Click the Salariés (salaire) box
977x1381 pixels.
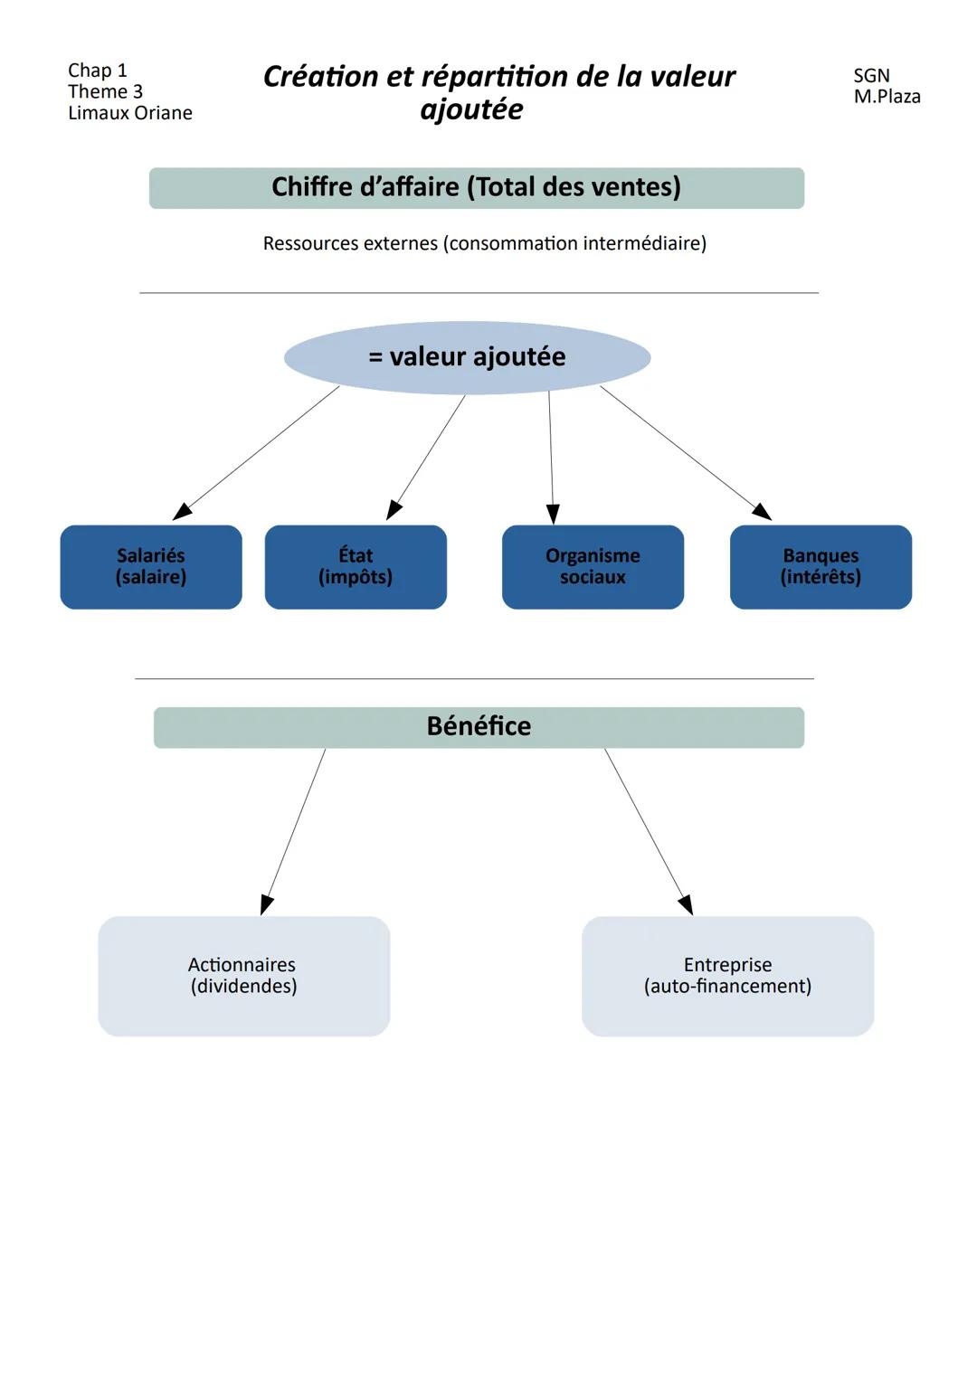coord(151,566)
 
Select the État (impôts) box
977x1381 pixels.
coord(356,566)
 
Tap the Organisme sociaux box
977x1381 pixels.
coord(593,566)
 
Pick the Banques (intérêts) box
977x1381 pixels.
coord(820,566)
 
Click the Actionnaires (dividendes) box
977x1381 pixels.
coord(243,976)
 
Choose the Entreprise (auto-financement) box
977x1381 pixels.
coord(727,976)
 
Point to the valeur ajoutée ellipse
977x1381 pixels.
coord(467,357)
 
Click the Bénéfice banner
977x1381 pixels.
coord(479,727)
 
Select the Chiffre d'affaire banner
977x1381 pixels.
coord(476,187)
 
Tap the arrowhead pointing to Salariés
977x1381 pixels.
coord(182,511)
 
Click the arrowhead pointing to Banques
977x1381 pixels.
coord(763,512)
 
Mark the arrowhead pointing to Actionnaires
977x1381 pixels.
coord(266,904)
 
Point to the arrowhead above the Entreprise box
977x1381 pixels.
coord(687,904)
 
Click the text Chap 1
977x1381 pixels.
coord(98,71)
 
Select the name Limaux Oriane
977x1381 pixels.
coord(130,113)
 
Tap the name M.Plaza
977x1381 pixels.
coord(887,97)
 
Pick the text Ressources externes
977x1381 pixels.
coord(350,243)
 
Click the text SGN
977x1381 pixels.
coord(871,76)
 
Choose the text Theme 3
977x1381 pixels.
coord(105,91)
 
